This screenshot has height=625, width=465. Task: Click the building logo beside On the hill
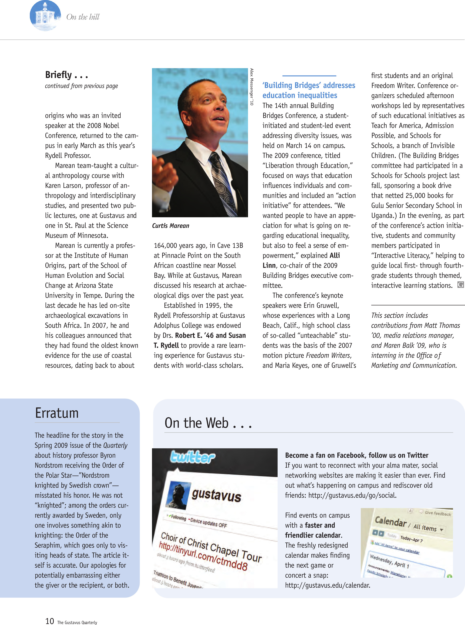(x=45, y=15)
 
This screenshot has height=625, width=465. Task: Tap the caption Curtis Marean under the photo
(x=171, y=226)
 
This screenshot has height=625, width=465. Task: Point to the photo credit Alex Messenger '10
(x=252, y=87)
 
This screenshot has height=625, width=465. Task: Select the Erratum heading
(x=57, y=413)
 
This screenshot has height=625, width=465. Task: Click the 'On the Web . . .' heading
(x=208, y=423)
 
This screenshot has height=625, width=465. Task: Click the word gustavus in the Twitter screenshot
(x=216, y=495)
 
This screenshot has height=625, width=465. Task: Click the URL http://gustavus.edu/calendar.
(x=328, y=585)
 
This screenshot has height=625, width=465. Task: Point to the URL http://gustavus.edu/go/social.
(x=352, y=495)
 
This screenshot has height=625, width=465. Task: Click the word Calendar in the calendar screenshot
(x=391, y=522)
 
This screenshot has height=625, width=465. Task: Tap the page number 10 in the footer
(x=50, y=621)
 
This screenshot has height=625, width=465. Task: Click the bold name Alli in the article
(x=335, y=255)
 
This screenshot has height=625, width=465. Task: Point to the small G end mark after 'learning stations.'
(x=460, y=285)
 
